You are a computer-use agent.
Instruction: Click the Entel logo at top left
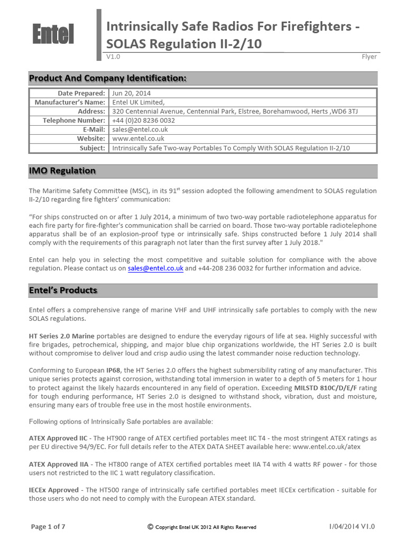(52, 35)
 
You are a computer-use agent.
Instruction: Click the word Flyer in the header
(369, 57)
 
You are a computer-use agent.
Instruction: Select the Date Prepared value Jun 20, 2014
(124, 93)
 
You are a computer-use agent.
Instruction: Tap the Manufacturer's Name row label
(70, 102)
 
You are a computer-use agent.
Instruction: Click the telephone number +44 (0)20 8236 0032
(143, 120)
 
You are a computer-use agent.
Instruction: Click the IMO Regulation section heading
(62, 171)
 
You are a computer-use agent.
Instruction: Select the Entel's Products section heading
(63, 290)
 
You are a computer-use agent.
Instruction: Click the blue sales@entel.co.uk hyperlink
(155, 268)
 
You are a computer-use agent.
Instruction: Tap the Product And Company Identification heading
(107, 78)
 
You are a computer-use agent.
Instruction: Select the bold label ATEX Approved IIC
(58, 438)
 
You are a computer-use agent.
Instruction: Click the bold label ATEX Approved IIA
(58, 464)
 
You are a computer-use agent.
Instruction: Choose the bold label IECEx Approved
(53, 490)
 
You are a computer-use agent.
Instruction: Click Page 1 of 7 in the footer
(49, 526)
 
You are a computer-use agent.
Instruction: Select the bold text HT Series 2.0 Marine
(61, 336)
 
